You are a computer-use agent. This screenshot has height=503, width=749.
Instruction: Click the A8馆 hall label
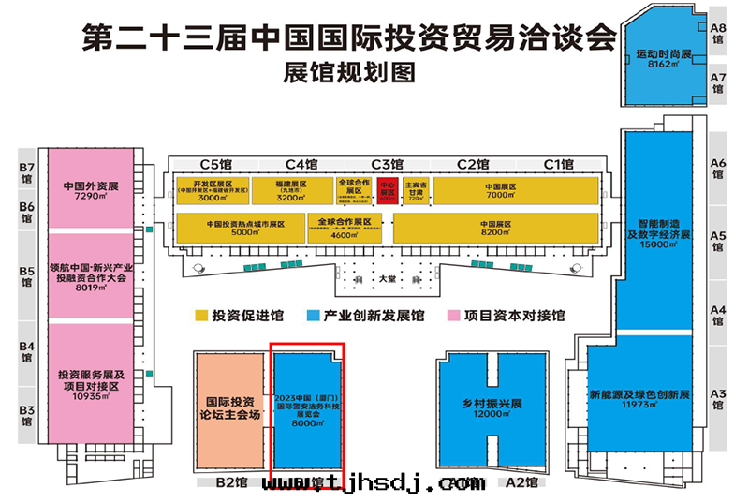tap(718, 34)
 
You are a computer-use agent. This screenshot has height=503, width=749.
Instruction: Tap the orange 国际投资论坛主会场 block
tap(229, 408)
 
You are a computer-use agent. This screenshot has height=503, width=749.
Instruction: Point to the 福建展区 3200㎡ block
tap(291, 190)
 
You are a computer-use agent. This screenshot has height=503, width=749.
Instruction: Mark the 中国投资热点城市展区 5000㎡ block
tap(244, 229)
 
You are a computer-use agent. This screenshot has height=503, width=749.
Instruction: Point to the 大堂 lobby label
tap(387, 279)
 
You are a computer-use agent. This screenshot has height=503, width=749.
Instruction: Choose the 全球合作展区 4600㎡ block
tap(345, 229)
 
